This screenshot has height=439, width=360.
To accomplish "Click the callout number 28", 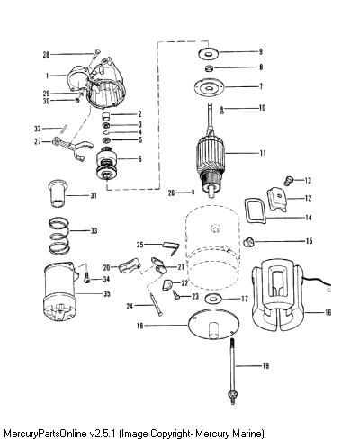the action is point(46,55).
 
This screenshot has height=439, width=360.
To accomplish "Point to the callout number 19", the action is point(265,365).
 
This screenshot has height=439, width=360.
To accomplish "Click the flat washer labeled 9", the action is point(209,53).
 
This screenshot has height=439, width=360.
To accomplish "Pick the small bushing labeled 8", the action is point(210,68).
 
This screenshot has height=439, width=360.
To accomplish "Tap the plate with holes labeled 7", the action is point(210,87).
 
